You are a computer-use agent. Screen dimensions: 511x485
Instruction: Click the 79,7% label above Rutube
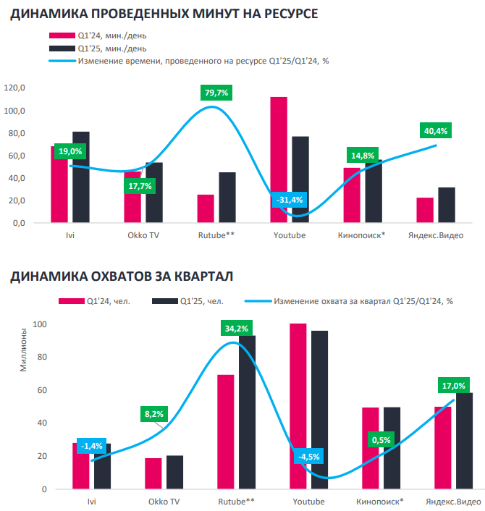(x=216, y=93)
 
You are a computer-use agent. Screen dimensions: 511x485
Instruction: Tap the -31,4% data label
(x=289, y=200)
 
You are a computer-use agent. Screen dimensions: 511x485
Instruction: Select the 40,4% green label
(x=436, y=131)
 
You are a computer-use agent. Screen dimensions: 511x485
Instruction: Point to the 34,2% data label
(x=237, y=329)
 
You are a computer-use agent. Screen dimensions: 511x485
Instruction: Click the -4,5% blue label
(x=308, y=457)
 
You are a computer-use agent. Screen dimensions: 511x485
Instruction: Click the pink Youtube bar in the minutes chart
(x=279, y=160)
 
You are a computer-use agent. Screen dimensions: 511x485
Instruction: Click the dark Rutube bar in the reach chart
(x=247, y=413)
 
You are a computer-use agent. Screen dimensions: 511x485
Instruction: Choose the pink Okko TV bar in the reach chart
(x=153, y=474)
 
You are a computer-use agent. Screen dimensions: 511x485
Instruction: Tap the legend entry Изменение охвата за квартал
(x=362, y=300)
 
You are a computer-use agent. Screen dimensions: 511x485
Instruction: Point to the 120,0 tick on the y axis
(x=14, y=88)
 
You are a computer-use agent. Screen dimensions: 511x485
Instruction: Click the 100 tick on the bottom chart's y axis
(x=39, y=324)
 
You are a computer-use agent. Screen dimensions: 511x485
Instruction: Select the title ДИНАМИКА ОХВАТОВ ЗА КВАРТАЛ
(x=121, y=276)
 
